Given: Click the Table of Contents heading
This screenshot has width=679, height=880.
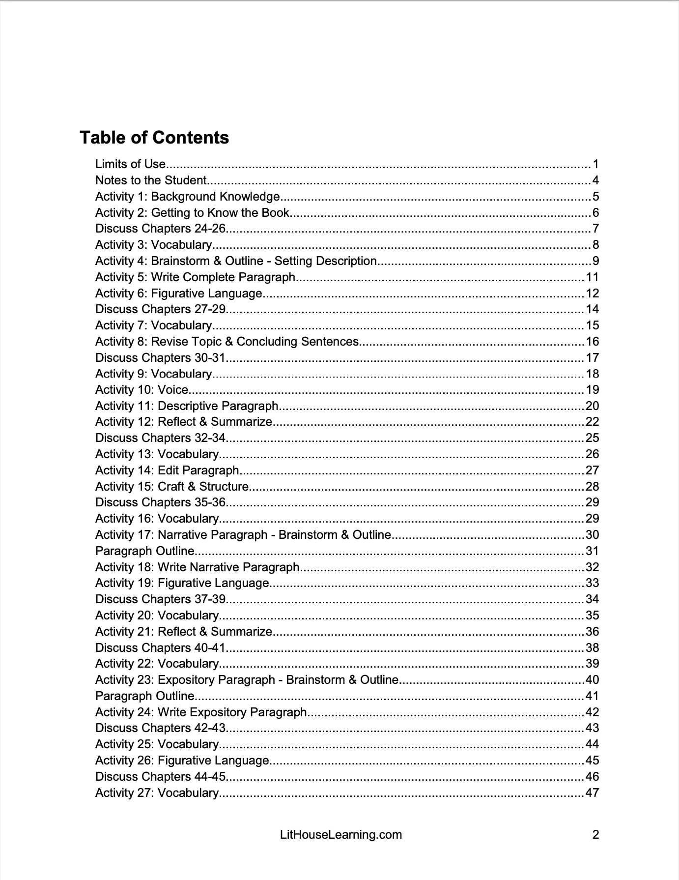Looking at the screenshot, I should [154, 138].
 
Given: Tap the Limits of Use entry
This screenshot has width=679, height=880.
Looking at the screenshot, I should [131, 164].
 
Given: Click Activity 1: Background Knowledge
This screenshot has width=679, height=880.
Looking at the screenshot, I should [188, 197].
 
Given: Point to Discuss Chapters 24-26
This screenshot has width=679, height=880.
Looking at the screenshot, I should [160, 229].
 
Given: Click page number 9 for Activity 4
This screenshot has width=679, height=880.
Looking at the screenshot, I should [595, 261].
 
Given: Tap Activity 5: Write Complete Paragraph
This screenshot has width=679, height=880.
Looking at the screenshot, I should [196, 277].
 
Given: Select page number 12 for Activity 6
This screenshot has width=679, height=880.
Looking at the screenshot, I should [593, 293].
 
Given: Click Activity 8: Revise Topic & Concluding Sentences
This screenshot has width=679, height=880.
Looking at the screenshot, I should [227, 342].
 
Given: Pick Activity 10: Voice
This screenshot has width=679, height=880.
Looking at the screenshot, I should [142, 390].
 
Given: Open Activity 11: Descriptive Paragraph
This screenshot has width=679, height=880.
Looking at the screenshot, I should [187, 406].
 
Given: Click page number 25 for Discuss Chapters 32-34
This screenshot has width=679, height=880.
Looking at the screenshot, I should [593, 438].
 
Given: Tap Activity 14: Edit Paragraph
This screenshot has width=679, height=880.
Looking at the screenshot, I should [167, 470].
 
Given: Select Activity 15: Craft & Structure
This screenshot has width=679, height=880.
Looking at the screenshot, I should [172, 487].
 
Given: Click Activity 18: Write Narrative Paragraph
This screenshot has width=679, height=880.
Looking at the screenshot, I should [198, 567].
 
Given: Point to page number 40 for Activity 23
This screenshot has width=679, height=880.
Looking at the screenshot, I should [593, 680].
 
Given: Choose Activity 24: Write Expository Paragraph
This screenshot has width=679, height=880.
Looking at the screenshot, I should [201, 712].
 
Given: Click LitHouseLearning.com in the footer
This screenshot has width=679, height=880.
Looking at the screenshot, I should [340, 835].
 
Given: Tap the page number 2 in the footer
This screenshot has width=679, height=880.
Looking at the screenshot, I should [595, 835].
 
